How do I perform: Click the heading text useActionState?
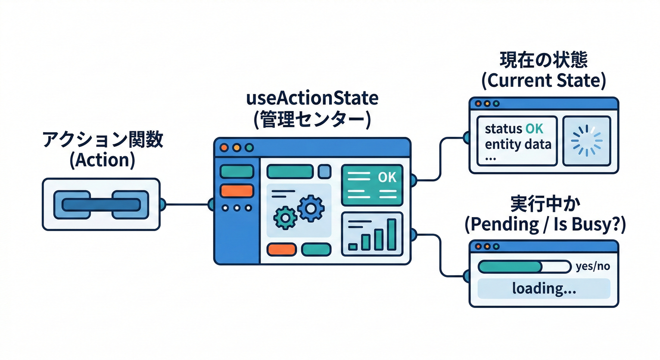point(312,99)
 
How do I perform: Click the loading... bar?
point(544,288)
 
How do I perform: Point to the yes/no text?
point(592,267)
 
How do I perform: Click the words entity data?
point(517,144)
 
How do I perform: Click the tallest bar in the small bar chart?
point(391,234)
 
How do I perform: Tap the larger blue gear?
point(310,209)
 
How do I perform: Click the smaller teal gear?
point(285,217)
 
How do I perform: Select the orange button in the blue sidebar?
point(237,190)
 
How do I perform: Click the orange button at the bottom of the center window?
point(282,249)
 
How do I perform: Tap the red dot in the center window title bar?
point(224,147)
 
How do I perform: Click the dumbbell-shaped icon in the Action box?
point(101,204)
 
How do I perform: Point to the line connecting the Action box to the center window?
point(187,204)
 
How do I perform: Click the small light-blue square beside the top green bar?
point(324,172)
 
